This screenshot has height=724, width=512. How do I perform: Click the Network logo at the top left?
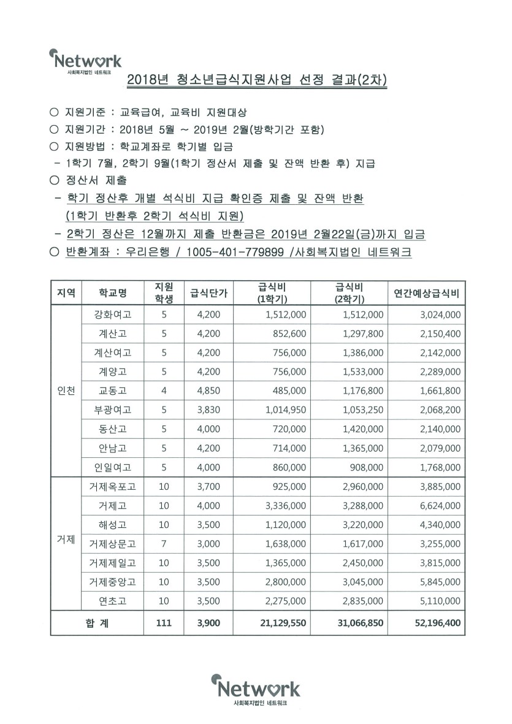(85, 61)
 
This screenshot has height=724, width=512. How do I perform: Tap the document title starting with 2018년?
(257, 80)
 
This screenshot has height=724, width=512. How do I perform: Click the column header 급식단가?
(209, 293)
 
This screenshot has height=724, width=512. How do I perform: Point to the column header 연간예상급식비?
(426, 293)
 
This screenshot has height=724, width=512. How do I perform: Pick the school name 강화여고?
(113, 314)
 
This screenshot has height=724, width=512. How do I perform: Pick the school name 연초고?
(113, 601)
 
